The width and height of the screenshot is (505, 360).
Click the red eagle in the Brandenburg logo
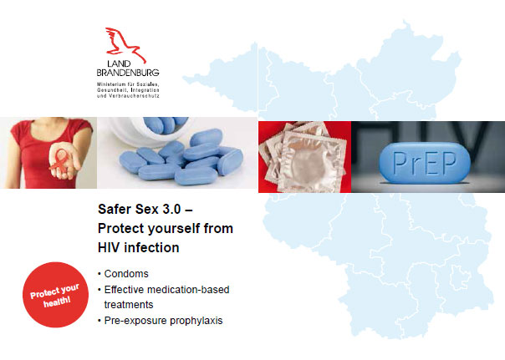coord(124,45)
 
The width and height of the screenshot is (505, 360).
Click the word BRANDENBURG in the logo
coord(128,73)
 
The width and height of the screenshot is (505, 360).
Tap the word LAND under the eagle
coord(119,63)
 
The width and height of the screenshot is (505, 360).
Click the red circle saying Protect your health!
coord(55,295)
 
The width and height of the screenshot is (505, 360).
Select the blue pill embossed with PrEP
coord(425,163)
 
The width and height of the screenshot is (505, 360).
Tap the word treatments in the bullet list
coord(129,305)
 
